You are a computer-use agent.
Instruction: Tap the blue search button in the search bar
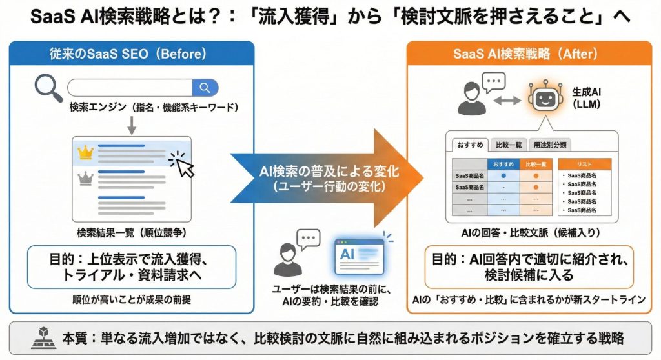(205, 88)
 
